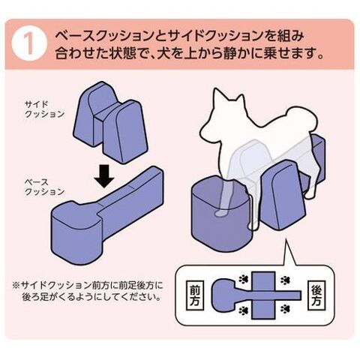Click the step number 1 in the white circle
tap(29, 44)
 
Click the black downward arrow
tap(104, 176)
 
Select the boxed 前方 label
tap(195, 295)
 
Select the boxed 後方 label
tap(316, 295)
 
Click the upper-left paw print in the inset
tap(243, 279)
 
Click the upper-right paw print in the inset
tap(284, 280)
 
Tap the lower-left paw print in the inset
tap(243, 310)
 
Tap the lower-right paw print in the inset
tap(284, 309)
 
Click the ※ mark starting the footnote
tap(16, 285)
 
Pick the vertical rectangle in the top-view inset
tap(263, 295)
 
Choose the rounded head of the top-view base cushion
tap(223, 294)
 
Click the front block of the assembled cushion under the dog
tap(220, 214)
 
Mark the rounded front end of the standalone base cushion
tap(76, 234)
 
